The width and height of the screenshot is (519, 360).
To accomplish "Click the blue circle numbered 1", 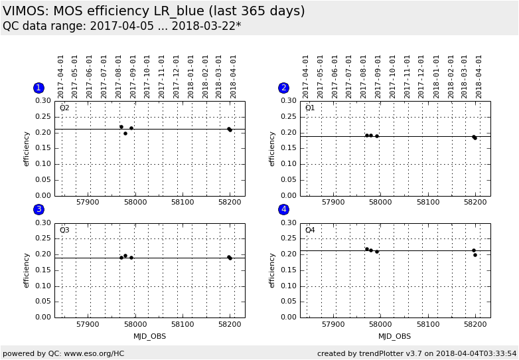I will [x=38, y=88].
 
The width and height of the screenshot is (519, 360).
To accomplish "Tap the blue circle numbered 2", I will [x=284, y=88].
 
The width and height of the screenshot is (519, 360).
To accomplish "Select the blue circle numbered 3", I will [x=38, y=210].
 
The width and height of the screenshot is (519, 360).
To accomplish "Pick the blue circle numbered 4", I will [x=284, y=210].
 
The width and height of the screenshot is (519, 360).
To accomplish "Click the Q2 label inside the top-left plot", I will [x=64, y=108].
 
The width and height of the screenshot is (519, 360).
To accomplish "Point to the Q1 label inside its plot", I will [x=310, y=108].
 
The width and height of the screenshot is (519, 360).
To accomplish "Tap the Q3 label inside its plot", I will [x=64, y=230].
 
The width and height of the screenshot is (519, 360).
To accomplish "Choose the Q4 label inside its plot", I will [x=310, y=230].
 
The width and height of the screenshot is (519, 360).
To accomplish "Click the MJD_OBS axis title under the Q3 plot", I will [x=149, y=336].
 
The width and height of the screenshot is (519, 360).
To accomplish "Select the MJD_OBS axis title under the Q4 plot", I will [x=395, y=336].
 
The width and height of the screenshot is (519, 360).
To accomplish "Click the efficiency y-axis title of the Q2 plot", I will [x=27, y=148].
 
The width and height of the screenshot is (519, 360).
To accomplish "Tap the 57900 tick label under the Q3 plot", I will [x=88, y=325].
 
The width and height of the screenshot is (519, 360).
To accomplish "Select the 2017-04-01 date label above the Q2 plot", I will [x=61, y=76].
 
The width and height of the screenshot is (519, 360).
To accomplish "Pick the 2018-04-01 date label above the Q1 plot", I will [x=479, y=76].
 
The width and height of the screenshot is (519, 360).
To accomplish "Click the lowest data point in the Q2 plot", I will [x=125, y=134].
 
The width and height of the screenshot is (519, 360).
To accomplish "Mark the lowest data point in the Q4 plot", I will [x=475, y=255].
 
